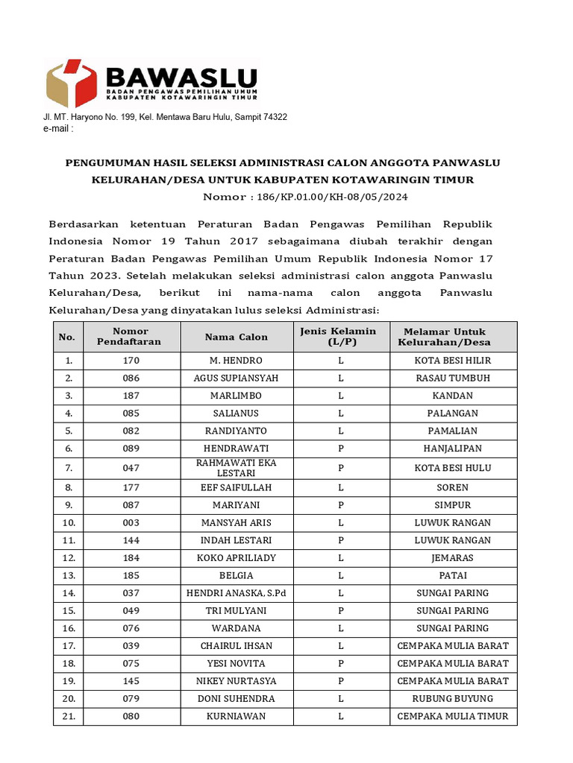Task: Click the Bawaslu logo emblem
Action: [71, 83]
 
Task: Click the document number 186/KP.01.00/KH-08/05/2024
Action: [306, 197]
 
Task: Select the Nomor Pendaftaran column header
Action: [131, 337]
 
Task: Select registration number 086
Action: [131, 378]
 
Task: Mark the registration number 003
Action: [131, 522]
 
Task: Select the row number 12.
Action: [69, 558]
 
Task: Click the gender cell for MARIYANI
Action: [340, 505]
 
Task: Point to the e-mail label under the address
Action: [58, 129]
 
